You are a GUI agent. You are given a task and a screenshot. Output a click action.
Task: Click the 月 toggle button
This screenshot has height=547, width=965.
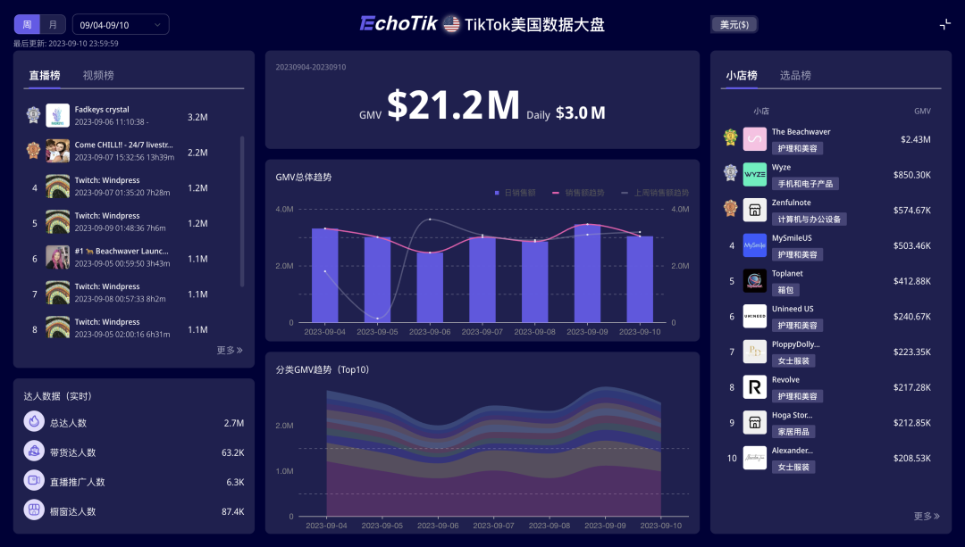53,25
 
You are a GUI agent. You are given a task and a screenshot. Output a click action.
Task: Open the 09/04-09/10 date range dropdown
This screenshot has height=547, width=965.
120,25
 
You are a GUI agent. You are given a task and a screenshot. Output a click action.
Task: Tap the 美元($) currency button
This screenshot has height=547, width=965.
734,25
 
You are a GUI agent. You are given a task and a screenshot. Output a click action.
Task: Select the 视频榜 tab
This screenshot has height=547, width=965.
98,76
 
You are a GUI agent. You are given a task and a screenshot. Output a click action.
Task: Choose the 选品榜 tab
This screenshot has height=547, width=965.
795,76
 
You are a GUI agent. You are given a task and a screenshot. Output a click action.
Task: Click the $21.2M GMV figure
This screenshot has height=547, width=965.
453,106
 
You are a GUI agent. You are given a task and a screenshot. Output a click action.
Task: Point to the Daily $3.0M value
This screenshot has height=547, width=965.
580,113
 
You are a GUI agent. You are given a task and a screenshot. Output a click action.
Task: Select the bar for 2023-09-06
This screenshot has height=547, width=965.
430,286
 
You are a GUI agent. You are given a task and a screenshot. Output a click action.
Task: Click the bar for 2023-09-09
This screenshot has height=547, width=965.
587,273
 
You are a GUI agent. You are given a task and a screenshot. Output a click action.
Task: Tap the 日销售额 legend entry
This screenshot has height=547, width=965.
516,193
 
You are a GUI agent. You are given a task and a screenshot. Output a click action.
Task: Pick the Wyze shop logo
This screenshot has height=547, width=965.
755,174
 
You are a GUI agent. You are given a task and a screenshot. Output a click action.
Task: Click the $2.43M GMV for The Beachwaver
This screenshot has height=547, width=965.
915,140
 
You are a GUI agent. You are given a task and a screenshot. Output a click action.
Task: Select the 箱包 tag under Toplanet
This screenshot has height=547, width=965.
785,290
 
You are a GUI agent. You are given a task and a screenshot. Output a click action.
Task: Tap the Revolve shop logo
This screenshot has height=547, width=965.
755,387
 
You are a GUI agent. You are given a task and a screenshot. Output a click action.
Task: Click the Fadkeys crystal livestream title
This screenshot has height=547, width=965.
102,110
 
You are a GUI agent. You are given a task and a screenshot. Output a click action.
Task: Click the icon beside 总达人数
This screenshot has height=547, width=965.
34,422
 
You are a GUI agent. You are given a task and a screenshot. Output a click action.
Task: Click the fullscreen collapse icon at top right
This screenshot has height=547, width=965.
944,25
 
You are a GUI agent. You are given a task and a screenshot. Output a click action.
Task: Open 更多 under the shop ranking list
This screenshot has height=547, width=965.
927,516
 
